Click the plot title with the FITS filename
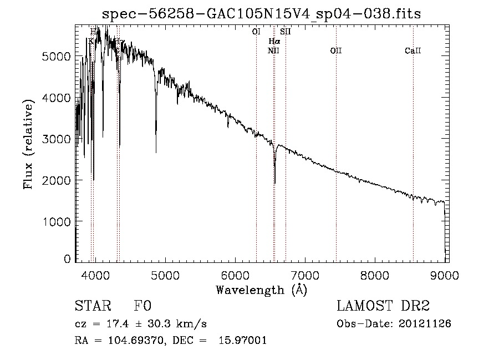click(x=262, y=14)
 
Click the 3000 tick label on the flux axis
click(x=59, y=139)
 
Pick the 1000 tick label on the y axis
click(x=59, y=221)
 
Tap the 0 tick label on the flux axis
click(x=68, y=259)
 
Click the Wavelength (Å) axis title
click(x=261, y=289)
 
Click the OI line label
click(x=256, y=32)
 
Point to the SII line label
click(x=286, y=32)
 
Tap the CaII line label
click(x=413, y=51)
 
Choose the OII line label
click(x=336, y=51)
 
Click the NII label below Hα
click(x=273, y=51)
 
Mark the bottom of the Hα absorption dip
click(x=275, y=182)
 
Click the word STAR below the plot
click(x=93, y=306)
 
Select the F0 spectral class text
click(x=142, y=306)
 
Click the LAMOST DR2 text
click(x=383, y=306)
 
